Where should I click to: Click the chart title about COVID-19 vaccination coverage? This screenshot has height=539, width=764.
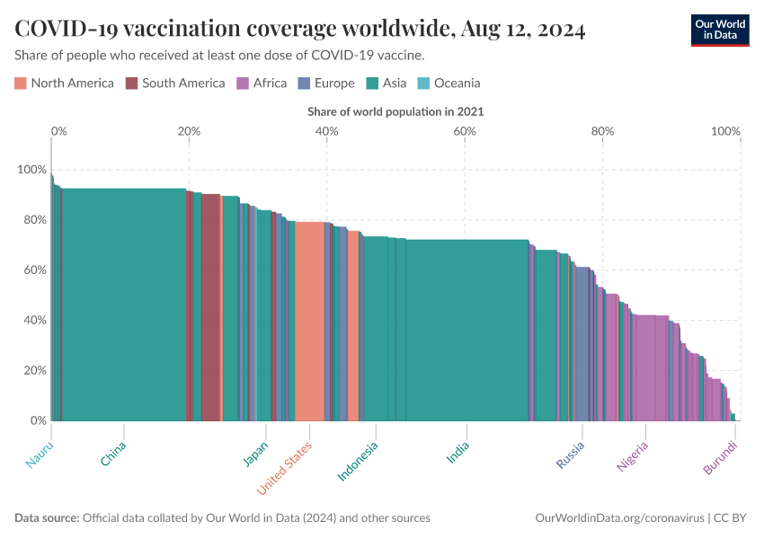[x=300, y=30]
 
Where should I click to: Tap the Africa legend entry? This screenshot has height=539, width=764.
[x=262, y=84]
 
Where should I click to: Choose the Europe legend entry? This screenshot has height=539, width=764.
[x=325, y=84]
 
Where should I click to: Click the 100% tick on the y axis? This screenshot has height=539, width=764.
[x=31, y=170]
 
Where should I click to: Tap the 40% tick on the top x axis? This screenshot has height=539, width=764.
[x=326, y=131]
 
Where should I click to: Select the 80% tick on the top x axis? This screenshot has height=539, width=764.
[x=602, y=131]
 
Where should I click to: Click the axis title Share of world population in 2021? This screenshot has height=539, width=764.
[x=395, y=112]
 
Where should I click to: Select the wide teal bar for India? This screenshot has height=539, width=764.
[x=466, y=332]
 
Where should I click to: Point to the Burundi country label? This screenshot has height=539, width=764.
[x=720, y=458]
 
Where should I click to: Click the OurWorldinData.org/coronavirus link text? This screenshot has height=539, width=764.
[x=619, y=518]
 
